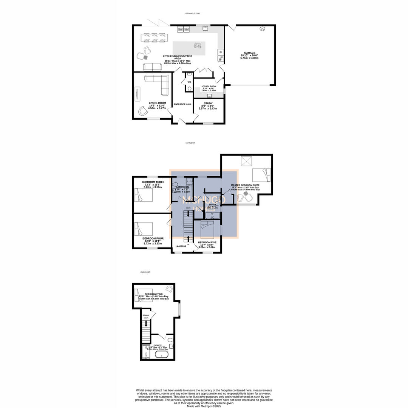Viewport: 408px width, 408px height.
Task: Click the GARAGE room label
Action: coord(249,53)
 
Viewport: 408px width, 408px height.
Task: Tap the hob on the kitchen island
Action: coord(198,46)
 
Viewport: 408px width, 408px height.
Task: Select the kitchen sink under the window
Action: coord(206,28)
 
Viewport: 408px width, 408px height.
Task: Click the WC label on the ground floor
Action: coord(189,82)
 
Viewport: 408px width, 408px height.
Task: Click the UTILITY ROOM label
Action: coord(209,87)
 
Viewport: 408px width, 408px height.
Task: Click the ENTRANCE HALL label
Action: coord(182,104)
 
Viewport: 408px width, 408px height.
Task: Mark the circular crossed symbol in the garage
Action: coord(262,29)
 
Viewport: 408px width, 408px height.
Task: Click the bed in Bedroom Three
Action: coord(144,195)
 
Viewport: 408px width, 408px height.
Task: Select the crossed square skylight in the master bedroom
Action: coord(247,162)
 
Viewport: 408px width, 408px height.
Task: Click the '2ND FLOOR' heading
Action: coord(145,272)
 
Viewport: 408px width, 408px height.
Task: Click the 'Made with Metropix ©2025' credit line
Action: coord(204,406)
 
